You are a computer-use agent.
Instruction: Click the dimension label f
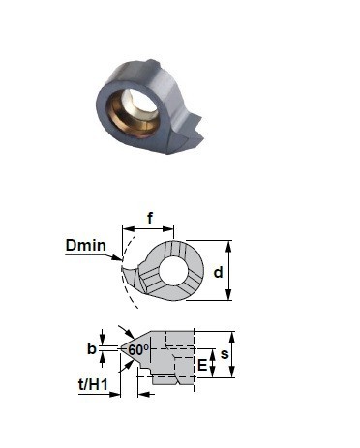tap(150, 218)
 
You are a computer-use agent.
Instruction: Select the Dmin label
tap(86, 245)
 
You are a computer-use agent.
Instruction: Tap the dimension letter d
tap(219, 272)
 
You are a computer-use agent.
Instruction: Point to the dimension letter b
tap(92, 348)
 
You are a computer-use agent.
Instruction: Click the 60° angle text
tap(138, 349)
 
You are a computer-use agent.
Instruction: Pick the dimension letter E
tap(202, 365)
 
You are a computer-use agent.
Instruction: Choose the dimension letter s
tap(225, 354)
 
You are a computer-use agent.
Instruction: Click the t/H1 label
tap(93, 384)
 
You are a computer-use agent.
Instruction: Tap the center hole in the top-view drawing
tap(173, 271)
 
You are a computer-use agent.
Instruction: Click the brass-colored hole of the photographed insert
tap(135, 114)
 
